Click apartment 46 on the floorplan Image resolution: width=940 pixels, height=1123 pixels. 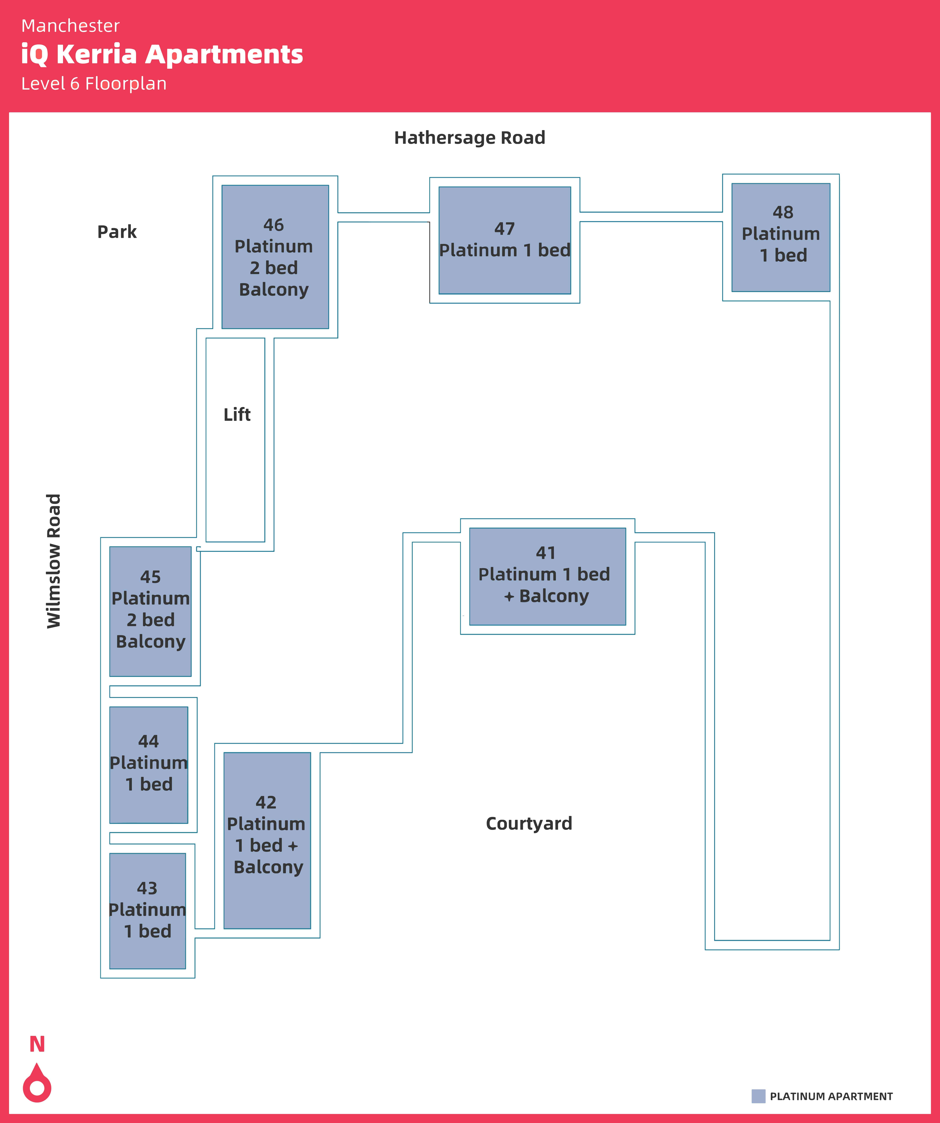coord(275,257)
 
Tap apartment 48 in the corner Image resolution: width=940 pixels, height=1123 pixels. coord(781,237)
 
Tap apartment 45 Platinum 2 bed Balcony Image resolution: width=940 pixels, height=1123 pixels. coord(150,611)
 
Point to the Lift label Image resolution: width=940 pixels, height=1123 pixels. coord(237,414)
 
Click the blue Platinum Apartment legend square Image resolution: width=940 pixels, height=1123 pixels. coord(758,1096)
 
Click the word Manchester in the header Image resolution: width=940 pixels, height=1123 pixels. coord(71,26)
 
